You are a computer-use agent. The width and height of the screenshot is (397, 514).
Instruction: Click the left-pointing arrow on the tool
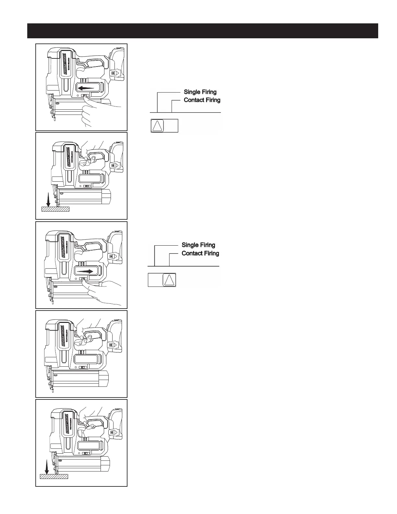click(x=88, y=88)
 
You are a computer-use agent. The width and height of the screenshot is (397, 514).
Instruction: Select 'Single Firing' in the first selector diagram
click(x=200, y=92)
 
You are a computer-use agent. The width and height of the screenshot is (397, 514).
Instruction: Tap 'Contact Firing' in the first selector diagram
click(x=202, y=100)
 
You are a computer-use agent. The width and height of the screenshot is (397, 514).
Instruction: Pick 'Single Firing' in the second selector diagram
click(x=198, y=245)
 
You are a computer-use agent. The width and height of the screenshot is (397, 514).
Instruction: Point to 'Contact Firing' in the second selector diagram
click(x=200, y=253)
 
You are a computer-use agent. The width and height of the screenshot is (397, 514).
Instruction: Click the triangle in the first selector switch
click(x=158, y=126)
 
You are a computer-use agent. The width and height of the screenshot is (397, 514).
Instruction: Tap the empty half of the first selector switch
click(x=171, y=126)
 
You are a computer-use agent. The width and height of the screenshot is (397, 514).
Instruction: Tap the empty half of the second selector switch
click(x=155, y=280)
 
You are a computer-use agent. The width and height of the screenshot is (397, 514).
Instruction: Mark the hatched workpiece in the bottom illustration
click(x=54, y=476)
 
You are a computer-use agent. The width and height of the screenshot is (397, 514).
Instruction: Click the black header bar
click(x=203, y=31)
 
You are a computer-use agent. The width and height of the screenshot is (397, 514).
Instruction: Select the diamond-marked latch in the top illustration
click(x=113, y=73)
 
